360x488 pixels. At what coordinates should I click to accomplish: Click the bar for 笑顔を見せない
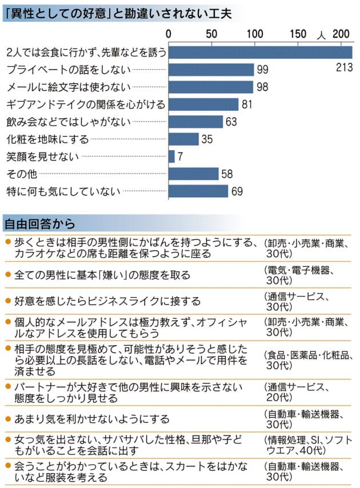click(x=172, y=156)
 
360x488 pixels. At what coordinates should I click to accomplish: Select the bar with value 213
click(x=260, y=52)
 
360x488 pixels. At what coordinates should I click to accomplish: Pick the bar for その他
click(x=194, y=174)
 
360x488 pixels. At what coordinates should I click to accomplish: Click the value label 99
click(x=262, y=70)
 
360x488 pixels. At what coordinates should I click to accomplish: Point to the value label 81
click(x=247, y=105)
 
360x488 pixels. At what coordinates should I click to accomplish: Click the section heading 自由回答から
click(x=39, y=222)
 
